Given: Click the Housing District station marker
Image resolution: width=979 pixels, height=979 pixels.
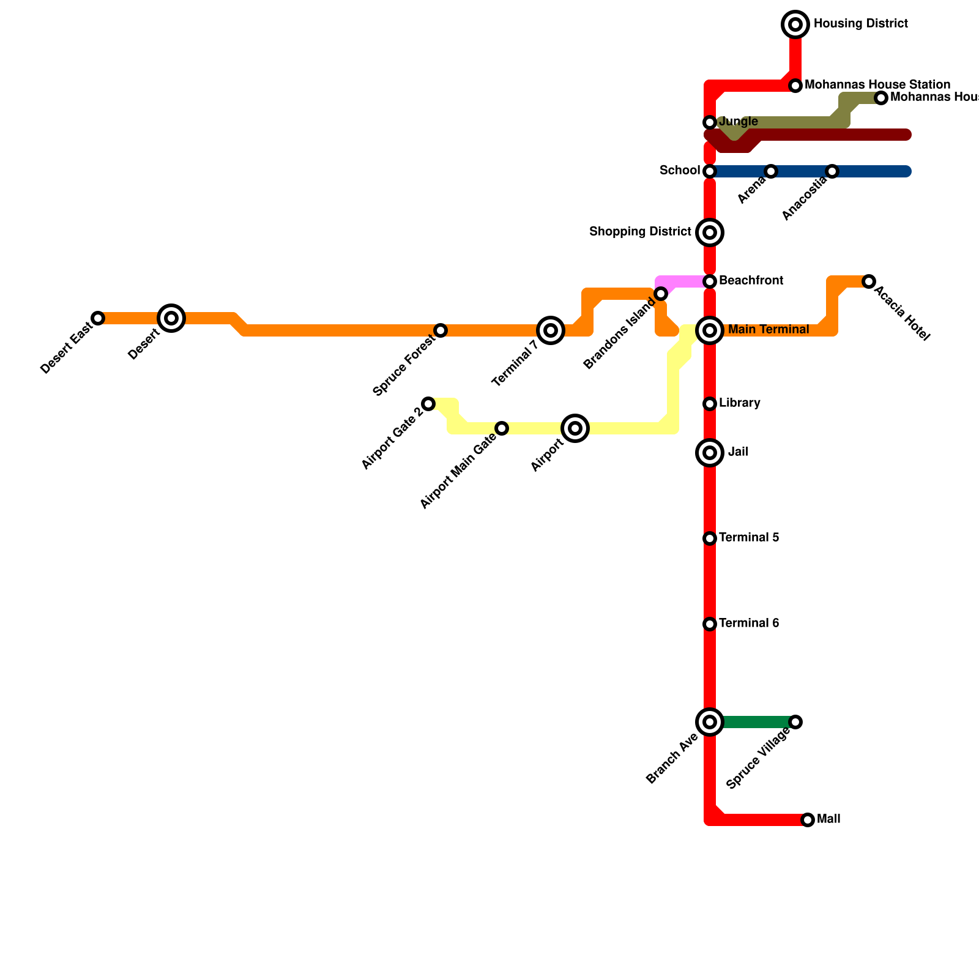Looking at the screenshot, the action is [795, 24].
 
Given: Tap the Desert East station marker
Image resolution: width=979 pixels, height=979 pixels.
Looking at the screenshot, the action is [98, 318].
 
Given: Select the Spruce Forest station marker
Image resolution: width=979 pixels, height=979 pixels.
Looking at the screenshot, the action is [441, 330].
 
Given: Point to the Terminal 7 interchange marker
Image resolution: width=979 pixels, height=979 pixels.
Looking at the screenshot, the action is [551, 330].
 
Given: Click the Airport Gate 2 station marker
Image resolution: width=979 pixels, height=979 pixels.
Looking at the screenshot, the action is [428, 404].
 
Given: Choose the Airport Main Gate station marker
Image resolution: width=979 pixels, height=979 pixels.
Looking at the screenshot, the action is [502, 428].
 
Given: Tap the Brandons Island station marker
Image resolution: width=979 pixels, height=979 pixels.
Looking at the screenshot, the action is [661, 294].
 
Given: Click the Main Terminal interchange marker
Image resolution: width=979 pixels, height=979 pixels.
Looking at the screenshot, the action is [710, 330].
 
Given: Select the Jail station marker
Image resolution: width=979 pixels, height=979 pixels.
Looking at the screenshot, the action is [710, 453].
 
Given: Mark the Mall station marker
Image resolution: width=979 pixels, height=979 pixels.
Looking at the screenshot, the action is [808, 820].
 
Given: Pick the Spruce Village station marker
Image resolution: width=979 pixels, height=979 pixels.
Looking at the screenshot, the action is [795, 722].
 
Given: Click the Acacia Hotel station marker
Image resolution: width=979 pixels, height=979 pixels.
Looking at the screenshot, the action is [869, 281].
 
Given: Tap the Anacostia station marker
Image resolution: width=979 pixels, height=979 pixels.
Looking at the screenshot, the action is [832, 171].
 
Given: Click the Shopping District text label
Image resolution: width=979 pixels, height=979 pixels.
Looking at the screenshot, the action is [640, 232].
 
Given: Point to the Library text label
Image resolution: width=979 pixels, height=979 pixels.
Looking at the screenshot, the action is [740, 403].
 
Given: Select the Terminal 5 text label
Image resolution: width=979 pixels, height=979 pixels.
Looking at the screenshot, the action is [749, 538].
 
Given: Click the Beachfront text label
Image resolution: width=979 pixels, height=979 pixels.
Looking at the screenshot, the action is [751, 281].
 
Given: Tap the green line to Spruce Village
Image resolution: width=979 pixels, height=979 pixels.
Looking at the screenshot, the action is [756, 722].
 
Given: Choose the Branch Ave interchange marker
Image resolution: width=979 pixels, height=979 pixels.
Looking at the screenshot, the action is [710, 722].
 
